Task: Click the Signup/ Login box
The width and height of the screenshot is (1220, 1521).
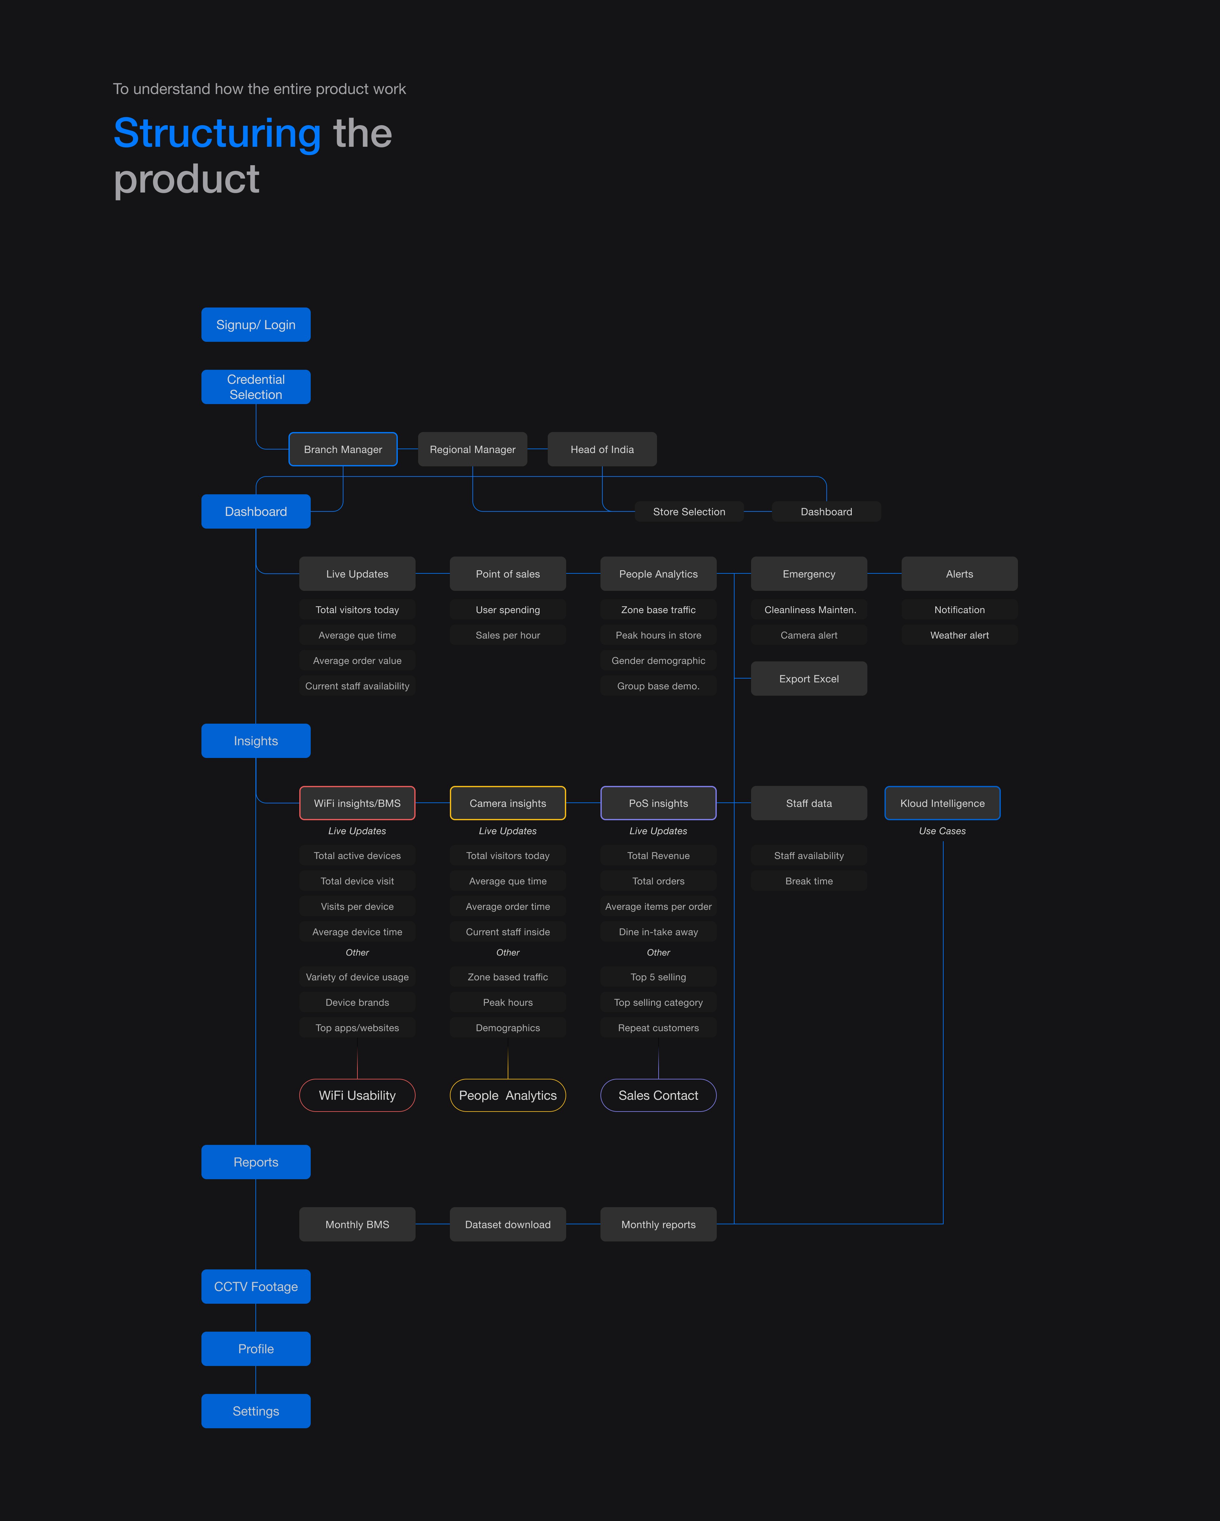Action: click(x=255, y=325)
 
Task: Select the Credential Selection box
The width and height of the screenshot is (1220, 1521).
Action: click(x=255, y=387)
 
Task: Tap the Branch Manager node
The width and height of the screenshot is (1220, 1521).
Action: click(x=343, y=450)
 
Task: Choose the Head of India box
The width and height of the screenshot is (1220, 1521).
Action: click(x=602, y=450)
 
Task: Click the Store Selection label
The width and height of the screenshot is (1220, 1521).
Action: click(x=689, y=511)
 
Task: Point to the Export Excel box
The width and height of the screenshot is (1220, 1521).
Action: click(x=809, y=679)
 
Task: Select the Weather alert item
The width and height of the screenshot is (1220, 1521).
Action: click(x=959, y=635)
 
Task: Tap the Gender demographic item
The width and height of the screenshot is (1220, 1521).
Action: click(x=658, y=660)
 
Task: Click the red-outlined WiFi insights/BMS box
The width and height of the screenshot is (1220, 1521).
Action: click(x=357, y=803)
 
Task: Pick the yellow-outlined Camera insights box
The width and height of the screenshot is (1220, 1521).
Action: click(x=507, y=803)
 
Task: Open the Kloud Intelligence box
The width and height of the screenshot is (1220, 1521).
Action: click(x=942, y=803)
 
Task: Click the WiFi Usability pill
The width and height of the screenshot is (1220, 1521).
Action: click(x=357, y=1095)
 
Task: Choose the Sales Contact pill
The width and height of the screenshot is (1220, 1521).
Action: click(x=658, y=1095)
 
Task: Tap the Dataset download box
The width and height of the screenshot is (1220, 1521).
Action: click(x=507, y=1224)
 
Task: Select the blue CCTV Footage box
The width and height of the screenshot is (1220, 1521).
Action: click(x=255, y=1286)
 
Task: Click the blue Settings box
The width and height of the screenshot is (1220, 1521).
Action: click(x=255, y=1411)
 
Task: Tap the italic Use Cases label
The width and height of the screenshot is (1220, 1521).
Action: click(x=942, y=831)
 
